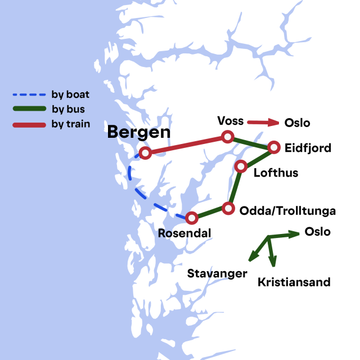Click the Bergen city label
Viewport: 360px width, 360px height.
(x=138, y=133)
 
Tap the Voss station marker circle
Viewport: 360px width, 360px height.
(x=227, y=137)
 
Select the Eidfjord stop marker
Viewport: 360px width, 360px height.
(x=274, y=147)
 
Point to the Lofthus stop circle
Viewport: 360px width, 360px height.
(x=241, y=166)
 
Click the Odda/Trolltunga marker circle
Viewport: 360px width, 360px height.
(x=228, y=209)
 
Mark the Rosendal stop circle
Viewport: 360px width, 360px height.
(x=192, y=217)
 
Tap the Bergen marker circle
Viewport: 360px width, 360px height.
(x=145, y=152)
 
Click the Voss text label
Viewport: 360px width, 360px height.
(x=230, y=121)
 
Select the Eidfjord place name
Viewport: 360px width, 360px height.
(x=308, y=148)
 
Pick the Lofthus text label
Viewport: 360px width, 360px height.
(x=276, y=173)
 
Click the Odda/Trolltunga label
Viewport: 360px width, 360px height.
(x=287, y=211)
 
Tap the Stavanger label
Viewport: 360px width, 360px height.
(x=217, y=273)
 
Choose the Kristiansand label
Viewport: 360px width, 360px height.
(x=294, y=282)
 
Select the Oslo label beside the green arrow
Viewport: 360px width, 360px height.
(x=317, y=232)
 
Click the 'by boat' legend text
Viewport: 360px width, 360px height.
(x=70, y=94)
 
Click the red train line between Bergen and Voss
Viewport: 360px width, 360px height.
(x=186, y=145)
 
